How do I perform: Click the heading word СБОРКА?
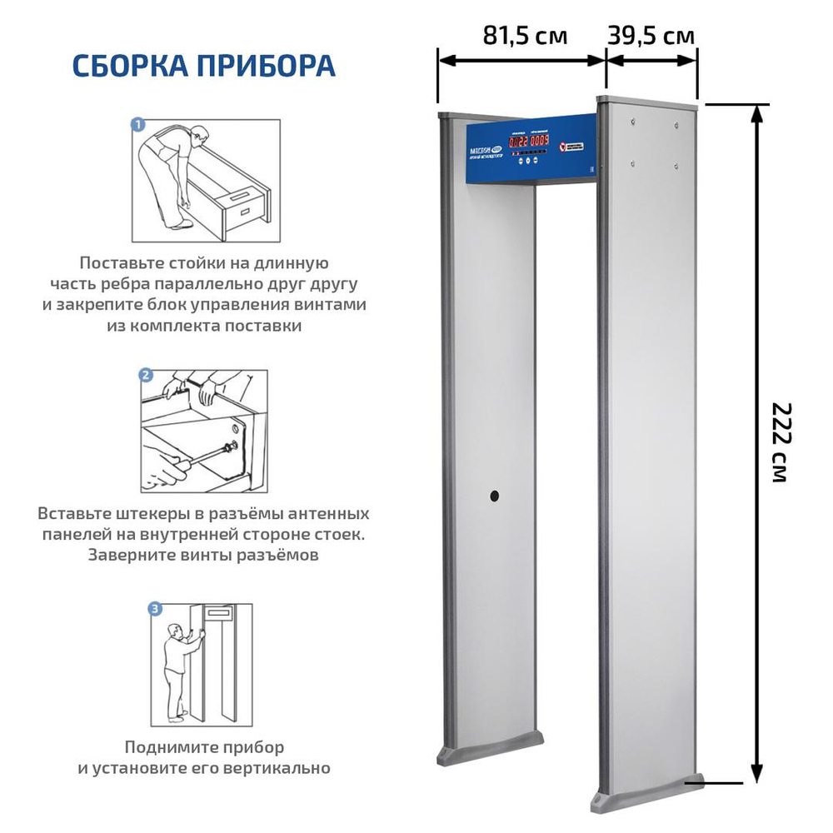[129, 66]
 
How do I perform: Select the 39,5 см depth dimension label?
[651, 36]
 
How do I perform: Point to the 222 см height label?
[780, 442]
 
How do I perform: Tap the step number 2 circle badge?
[145, 376]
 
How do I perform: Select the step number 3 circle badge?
[156, 609]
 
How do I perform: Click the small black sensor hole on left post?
[493, 496]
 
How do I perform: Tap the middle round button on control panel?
[531, 154]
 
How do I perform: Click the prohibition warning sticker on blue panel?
[566, 146]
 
